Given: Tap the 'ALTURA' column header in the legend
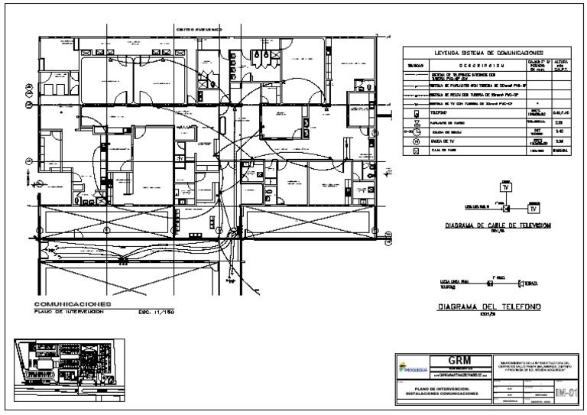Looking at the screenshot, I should tap(559, 64).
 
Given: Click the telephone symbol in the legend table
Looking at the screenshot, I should tap(417, 113).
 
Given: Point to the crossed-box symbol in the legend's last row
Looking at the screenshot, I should tap(417, 152).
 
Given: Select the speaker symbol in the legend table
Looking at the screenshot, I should tap(417, 122).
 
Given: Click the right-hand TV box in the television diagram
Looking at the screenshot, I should tap(533, 208).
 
